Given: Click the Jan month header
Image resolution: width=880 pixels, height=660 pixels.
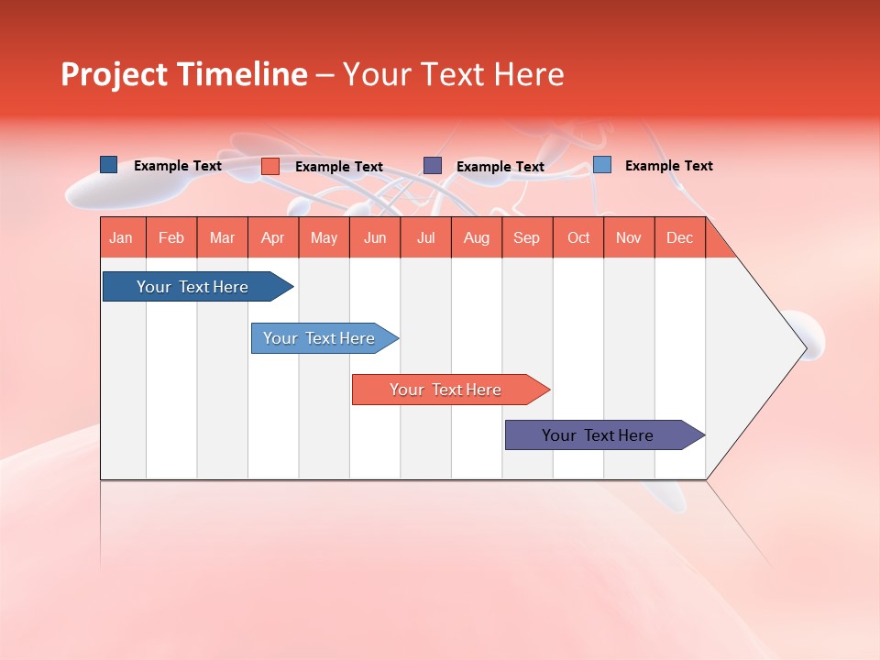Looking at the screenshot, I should (x=121, y=237).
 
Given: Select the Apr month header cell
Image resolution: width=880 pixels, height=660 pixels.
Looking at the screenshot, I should (x=273, y=237).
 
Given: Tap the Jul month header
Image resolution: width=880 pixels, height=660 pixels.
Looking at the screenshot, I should (x=425, y=237).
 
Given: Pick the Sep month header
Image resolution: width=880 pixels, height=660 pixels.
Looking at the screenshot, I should (x=527, y=237).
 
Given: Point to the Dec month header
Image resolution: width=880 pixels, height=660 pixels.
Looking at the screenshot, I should (x=679, y=237).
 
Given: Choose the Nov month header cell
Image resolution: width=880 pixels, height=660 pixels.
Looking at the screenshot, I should (x=629, y=237).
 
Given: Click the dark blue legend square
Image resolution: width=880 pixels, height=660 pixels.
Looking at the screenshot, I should (x=108, y=165).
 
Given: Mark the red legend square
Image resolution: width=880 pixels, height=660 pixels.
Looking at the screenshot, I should (x=270, y=166).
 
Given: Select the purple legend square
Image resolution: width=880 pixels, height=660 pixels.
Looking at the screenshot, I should (x=433, y=165).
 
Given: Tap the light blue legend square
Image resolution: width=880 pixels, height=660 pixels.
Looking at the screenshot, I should (x=601, y=165).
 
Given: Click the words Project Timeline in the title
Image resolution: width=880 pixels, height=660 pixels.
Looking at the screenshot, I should (x=183, y=74).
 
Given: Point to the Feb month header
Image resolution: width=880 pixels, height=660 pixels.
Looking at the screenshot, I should (x=171, y=237).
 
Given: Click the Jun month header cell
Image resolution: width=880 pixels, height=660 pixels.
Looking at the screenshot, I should (x=375, y=237).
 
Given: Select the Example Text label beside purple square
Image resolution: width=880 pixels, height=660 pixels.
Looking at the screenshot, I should (x=500, y=167).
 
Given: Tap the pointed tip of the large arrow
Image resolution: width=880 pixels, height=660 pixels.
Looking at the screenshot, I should (x=805, y=347).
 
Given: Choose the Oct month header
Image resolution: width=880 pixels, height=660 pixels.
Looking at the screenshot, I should (x=578, y=237).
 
